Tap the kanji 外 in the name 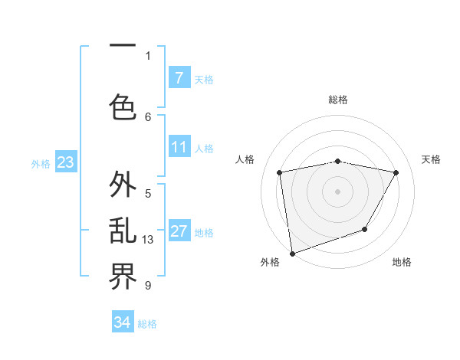[x=123, y=185]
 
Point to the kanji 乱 [x=123, y=232]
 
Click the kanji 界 [x=123, y=277]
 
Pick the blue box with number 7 [x=179, y=77]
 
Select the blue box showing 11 [x=179, y=147]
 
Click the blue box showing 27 [x=179, y=231]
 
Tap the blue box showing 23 [x=65, y=162]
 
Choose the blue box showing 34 [x=123, y=322]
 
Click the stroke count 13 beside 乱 [x=149, y=240]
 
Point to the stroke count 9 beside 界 [x=148, y=286]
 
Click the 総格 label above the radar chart [x=338, y=100]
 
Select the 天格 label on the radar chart [x=432, y=159]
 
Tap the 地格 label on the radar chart [x=402, y=262]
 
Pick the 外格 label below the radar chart [x=270, y=262]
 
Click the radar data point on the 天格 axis [x=396, y=172]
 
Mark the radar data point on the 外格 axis [x=292, y=253]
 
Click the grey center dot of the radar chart [x=338, y=191]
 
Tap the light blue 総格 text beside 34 [x=147, y=324]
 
